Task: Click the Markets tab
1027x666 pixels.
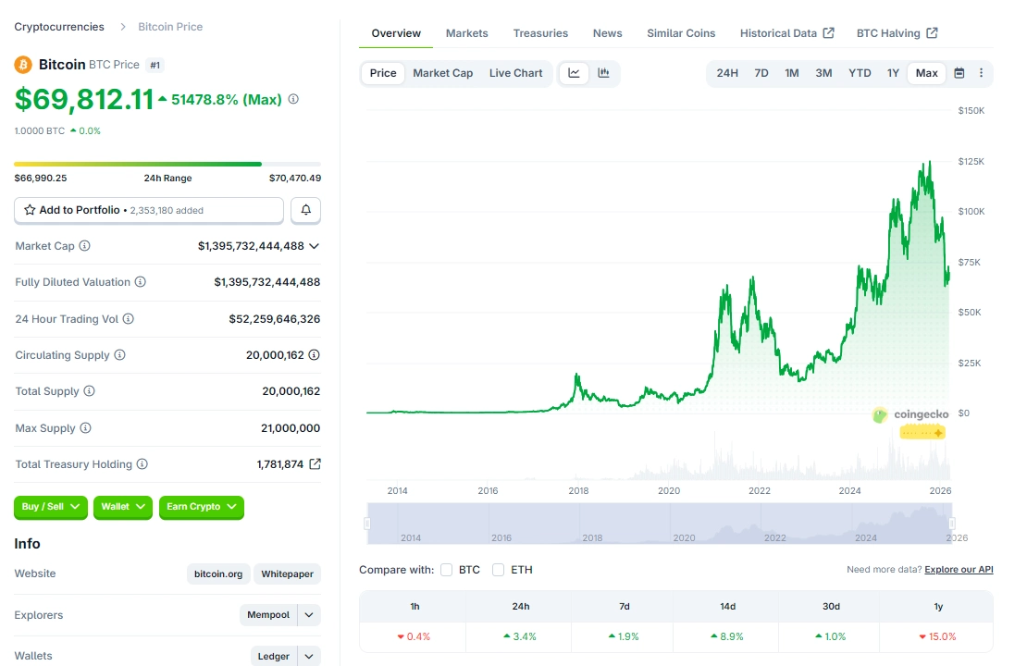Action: click(466, 33)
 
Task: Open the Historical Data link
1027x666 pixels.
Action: click(786, 33)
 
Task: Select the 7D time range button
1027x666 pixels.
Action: click(761, 73)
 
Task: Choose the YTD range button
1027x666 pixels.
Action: click(860, 73)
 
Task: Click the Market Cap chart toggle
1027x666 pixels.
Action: click(442, 73)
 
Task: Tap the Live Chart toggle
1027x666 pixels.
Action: click(515, 73)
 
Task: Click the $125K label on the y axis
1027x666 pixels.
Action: click(971, 161)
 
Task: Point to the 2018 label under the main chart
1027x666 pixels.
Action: click(578, 491)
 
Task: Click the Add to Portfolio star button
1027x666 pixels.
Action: click(148, 210)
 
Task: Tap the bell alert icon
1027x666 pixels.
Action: click(306, 210)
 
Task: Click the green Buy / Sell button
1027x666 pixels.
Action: click(51, 507)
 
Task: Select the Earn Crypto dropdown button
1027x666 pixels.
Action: click(202, 507)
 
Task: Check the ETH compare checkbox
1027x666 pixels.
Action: click(499, 570)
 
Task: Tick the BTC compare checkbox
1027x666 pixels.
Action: click(447, 570)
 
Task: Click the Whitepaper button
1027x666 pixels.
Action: click(288, 574)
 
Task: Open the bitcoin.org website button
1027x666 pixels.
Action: click(218, 574)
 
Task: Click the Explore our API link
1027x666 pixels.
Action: click(959, 570)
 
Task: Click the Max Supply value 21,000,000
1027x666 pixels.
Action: click(291, 428)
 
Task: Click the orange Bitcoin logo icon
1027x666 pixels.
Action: click(23, 65)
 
